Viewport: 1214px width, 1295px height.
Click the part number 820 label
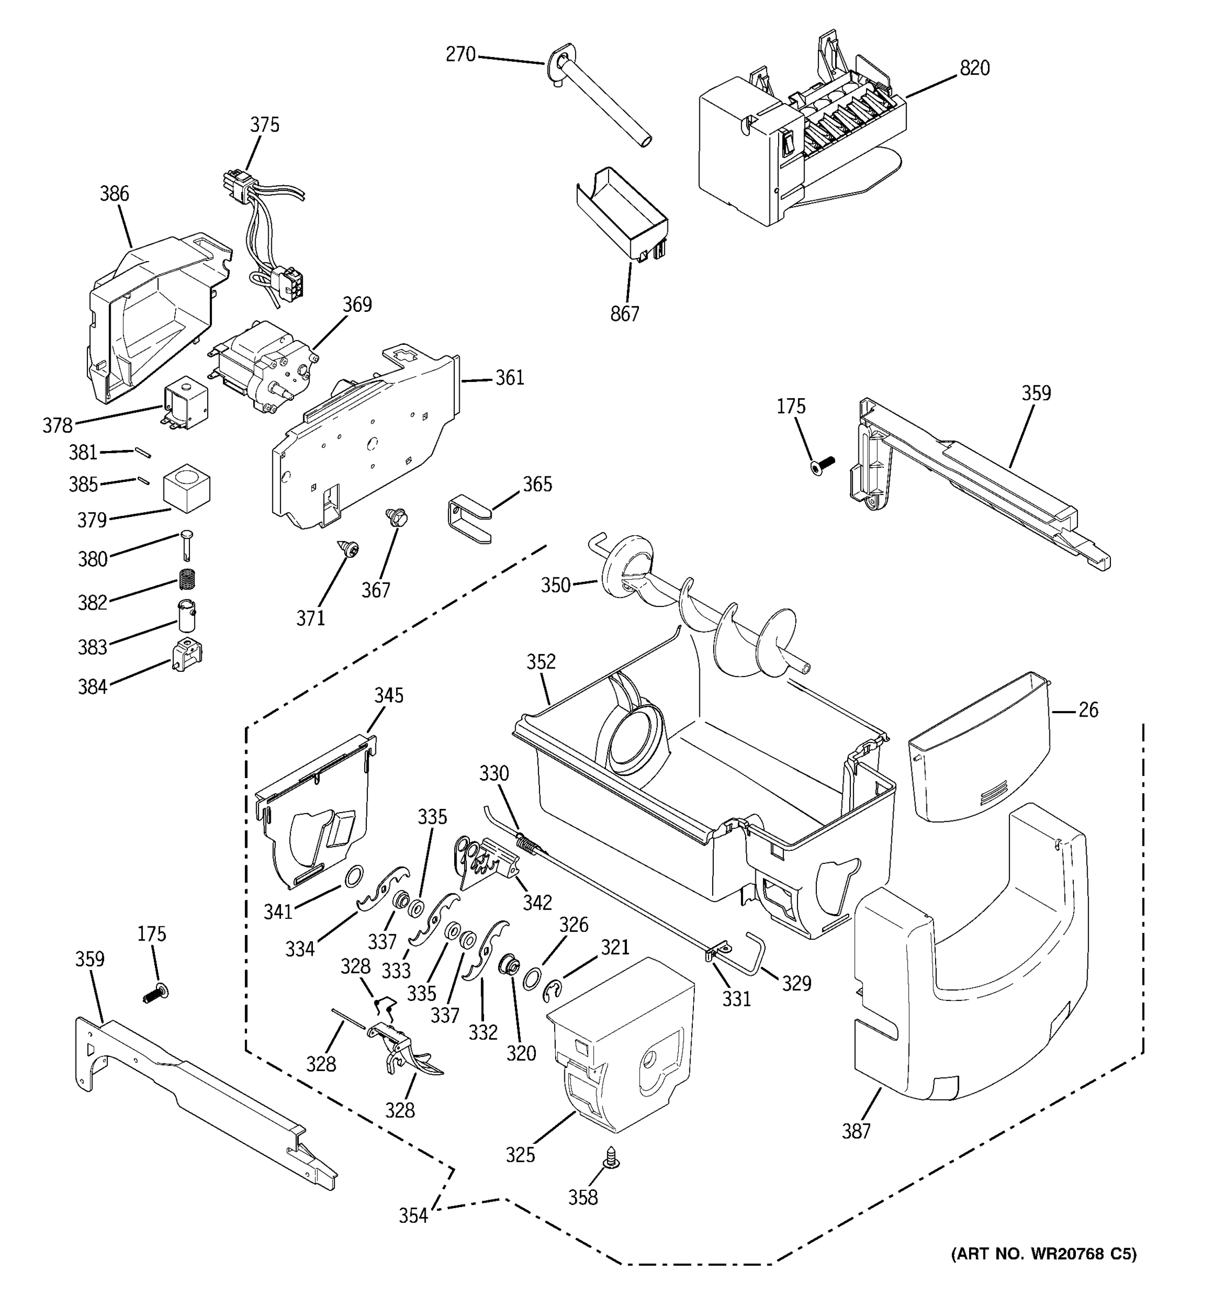[974, 69]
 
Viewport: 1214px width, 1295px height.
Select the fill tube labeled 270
[599, 98]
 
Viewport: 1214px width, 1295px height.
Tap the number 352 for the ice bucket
[541, 662]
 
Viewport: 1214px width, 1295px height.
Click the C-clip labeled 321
[553, 991]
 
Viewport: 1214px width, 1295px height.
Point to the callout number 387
[856, 1131]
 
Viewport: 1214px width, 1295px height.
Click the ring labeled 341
[352, 876]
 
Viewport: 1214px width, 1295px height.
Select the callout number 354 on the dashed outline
[413, 1216]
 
